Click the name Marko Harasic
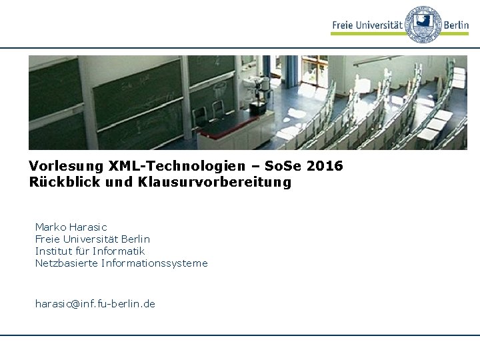(x=71, y=227)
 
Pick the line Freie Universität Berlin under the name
(x=92, y=239)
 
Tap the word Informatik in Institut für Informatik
(x=121, y=251)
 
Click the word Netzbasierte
(x=66, y=263)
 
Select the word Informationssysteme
(x=155, y=263)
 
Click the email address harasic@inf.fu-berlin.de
(x=95, y=303)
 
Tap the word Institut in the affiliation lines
(x=52, y=251)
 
